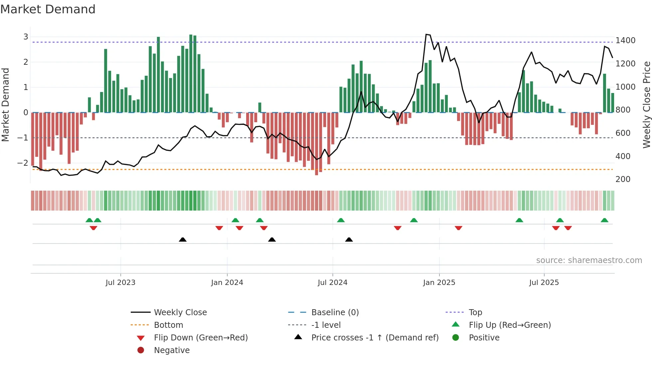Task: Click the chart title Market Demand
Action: click(48, 9)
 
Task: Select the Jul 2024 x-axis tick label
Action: click(332, 283)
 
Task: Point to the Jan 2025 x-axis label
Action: click(439, 283)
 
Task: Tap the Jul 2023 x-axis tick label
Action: click(120, 283)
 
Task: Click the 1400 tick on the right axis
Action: click(625, 41)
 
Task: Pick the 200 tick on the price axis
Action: click(623, 179)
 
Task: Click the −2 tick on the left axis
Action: click(23, 163)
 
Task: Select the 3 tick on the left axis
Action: click(26, 37)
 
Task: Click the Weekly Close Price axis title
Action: click(646, 105)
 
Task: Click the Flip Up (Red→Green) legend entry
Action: click(510, 325)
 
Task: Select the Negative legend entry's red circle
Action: click(141, 350)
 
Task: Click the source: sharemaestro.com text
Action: click(589, 260)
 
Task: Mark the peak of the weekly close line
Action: click(426, 34)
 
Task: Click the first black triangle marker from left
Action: click(183, 239)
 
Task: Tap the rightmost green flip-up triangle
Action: click(604, 220)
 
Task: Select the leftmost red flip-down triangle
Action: click(93, 228)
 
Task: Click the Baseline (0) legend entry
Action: click(335, 313)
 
